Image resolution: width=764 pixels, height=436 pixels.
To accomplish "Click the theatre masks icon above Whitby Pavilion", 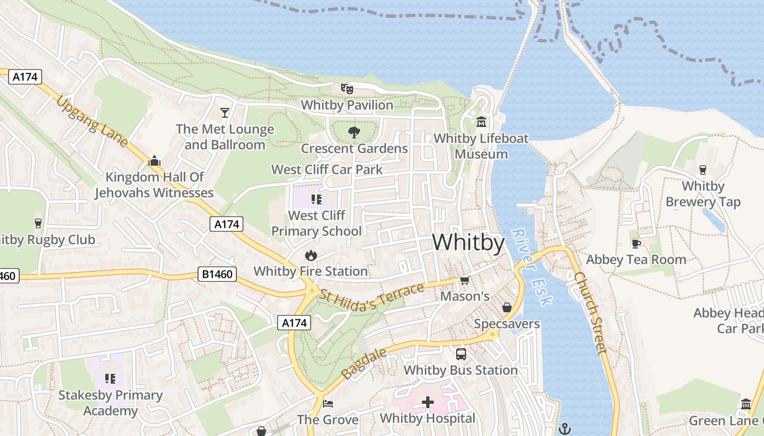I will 347,88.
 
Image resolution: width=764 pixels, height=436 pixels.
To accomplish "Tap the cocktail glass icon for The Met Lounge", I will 225,113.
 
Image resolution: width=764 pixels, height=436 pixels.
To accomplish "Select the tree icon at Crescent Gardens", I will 354,132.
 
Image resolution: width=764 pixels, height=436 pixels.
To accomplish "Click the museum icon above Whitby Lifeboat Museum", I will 481,122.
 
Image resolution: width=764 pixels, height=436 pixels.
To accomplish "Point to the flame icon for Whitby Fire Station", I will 311,255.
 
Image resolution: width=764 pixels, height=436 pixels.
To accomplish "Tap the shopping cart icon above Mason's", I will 464,280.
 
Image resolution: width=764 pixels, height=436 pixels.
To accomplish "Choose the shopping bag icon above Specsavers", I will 507,307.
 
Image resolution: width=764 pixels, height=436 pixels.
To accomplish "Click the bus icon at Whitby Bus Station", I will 461,354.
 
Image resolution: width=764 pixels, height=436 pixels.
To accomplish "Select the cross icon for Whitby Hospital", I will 428,403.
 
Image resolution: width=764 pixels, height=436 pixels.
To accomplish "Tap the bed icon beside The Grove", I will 328,403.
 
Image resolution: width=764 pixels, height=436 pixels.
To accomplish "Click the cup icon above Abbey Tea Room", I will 636,244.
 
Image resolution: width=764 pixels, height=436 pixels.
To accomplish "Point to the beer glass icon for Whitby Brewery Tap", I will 703,170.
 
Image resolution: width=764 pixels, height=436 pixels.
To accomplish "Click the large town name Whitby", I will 468,243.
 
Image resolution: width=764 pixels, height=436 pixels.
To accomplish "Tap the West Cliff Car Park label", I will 327,169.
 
